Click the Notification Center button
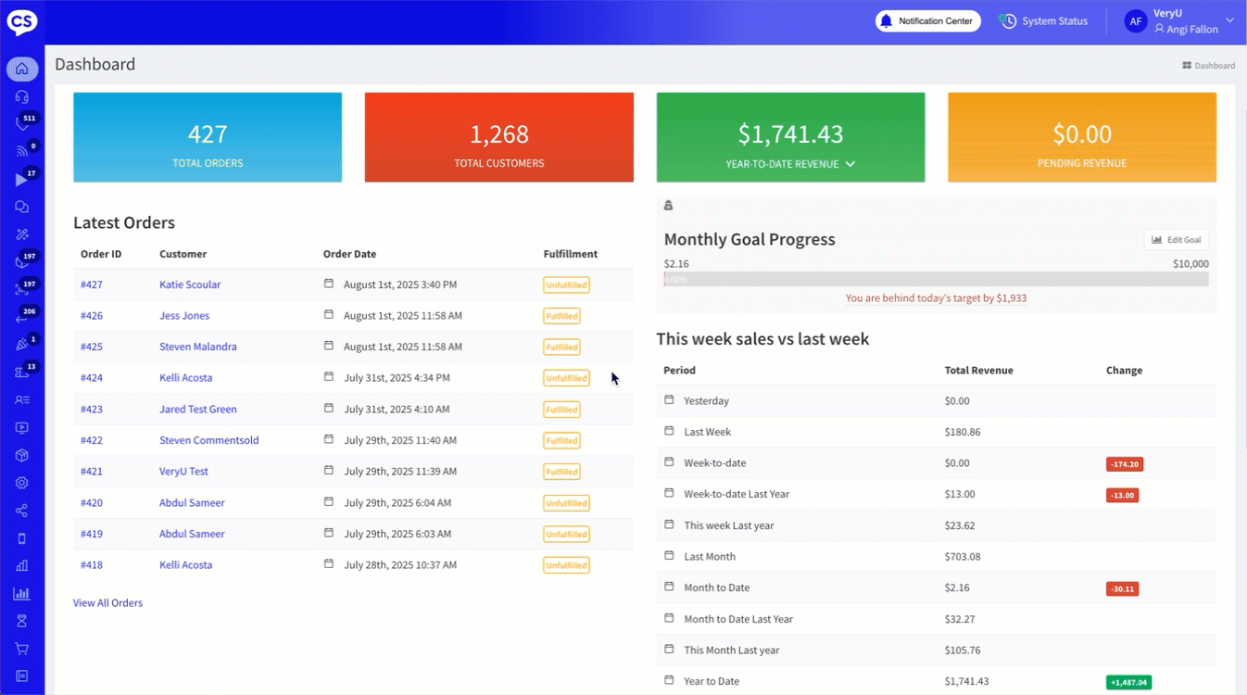click(927, 21)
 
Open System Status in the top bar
click(1044, 21)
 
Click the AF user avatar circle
click(1136, 21)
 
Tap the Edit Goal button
click(1176, 240)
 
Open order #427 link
click(92, 284)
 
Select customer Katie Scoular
click(190, 284)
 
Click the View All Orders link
click(107, 603)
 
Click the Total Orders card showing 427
click(208, 137)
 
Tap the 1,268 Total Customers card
click(498, 137)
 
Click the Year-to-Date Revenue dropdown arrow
click(850, 164)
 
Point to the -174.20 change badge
click(1124, 464)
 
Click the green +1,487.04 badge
click(1128, 682)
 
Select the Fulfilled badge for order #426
click(561, 316)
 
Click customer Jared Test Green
click(197, 410)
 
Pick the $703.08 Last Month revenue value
click(963, 557)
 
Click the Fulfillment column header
click(570, 254)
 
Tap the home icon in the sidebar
click(22, 69)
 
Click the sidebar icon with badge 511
click(22, 123)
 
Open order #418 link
click(92, 565)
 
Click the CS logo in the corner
click(22, 21)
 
